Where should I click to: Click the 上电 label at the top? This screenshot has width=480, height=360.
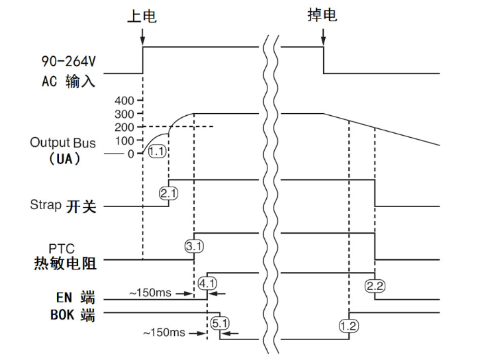(x=142, y=16)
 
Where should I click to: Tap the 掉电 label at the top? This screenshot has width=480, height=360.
(x=322, y=16)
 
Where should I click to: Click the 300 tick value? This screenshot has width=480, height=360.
(x=126, y=114)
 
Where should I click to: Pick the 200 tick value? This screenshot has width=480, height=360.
(x=126, y=127)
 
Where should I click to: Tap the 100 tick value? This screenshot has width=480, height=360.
(x=126, y=141)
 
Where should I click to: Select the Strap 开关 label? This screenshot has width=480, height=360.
(x=62, y=205)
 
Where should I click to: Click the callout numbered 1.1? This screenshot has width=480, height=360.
(x=157, y=152)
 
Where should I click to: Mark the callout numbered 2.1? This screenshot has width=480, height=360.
(x=168, y=193)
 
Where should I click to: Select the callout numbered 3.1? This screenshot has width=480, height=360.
(x=194, y=244)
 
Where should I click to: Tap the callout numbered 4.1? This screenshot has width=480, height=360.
(x=207, y=282)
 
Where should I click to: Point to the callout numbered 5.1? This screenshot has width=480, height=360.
(x=219, y=322)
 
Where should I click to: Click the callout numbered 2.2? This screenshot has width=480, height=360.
(x=374, y=285)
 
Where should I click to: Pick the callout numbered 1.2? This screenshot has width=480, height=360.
(x=348, y=326)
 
